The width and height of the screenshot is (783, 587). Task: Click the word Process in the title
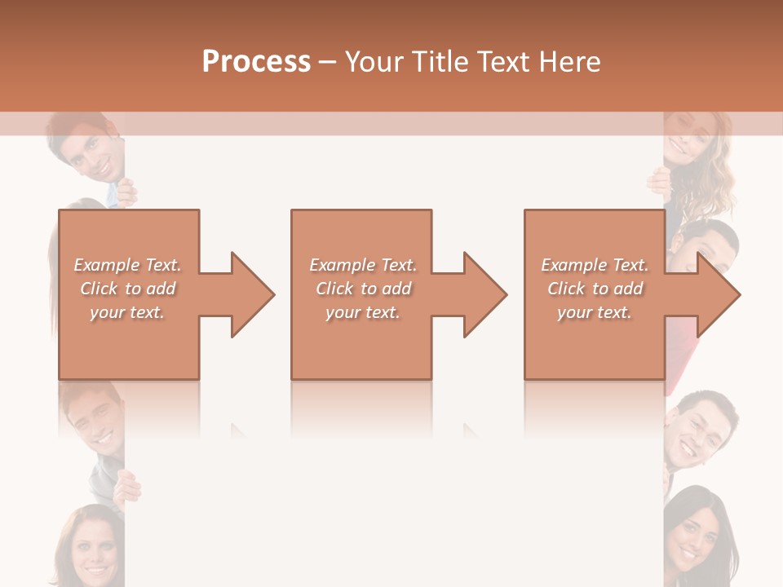click(256, 62)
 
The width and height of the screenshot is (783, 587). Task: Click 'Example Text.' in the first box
click(128, 265)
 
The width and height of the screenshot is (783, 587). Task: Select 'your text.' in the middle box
click(363, 312)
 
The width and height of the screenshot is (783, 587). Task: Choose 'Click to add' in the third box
click(595, 289)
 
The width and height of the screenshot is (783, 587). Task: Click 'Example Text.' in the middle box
click(363, 265)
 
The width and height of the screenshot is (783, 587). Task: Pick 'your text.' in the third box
click(595, 312)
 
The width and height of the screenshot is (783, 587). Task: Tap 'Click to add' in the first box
click(128, 289)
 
